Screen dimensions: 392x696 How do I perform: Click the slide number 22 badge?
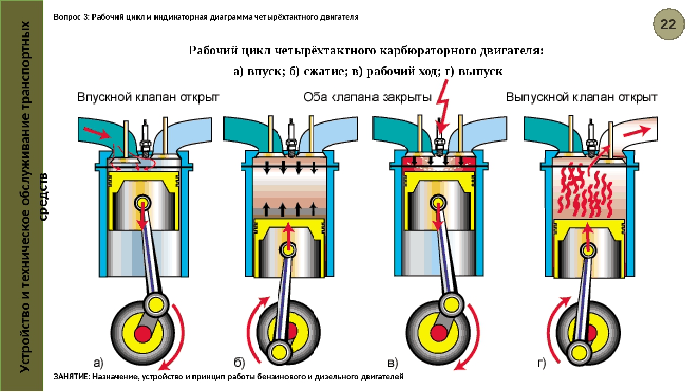[668, 23]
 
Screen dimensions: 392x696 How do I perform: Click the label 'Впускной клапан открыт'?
[147, 98]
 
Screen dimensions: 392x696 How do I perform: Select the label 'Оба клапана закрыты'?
[367, 98]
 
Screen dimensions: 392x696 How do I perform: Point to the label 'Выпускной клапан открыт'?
[581, 98]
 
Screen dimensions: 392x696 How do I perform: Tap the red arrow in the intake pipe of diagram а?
[96, 132]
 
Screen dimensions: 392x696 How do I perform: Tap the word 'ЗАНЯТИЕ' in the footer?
[72, 377]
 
